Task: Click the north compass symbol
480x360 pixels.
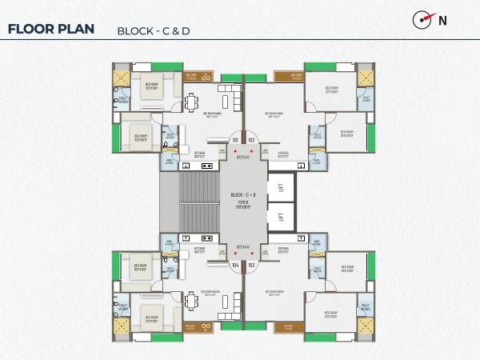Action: (x=424, y=20)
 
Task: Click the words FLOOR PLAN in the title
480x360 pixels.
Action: (x=50, y=30)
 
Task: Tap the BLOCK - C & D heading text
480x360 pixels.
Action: (x=154, y=31)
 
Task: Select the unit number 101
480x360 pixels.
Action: (x=235, y=140)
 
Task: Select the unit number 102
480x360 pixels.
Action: (x=251, y=140)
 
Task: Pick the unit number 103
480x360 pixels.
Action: (x=251, y=263)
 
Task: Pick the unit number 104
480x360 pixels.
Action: (x=235, y=263)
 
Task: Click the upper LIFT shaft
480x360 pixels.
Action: (x=281, y=186)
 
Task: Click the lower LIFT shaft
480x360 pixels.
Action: (x=281, y=216)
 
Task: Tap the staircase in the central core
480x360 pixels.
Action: (x=198, y=202)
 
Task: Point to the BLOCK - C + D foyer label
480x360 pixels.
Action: (x=242, y=195)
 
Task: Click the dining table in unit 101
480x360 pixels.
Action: (x=192, y=102)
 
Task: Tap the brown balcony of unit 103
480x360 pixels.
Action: (x=287, y=326)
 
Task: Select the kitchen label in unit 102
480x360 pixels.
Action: (x=282, y=154)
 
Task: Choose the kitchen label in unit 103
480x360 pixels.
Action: (x=282, y=250)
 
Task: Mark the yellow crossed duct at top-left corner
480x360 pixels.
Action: (x=122, y=78)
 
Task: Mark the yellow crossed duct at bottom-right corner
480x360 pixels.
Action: (x=365, y=325)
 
